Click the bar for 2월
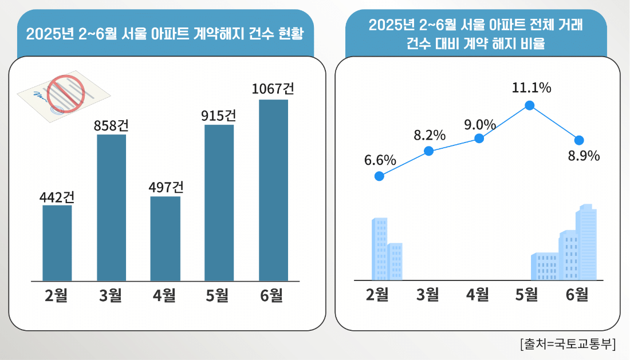pyautogui.click(x=57, y=243)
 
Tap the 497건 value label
pyautogui.click(x=166, y=187)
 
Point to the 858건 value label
pyautogui.click(x=111, y=125)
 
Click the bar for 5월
pyautogui.click(x=219, y=203)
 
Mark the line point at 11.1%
pyautogui.click(x=530, y=105)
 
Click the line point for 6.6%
pyautogui.click(x=379, y=176)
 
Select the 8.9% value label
pyautogui.click(x=584, y=156)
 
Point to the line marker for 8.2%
pyautogui.click(x=428, y=151)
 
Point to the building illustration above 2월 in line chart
pyautogui.click(x=387, y=250)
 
